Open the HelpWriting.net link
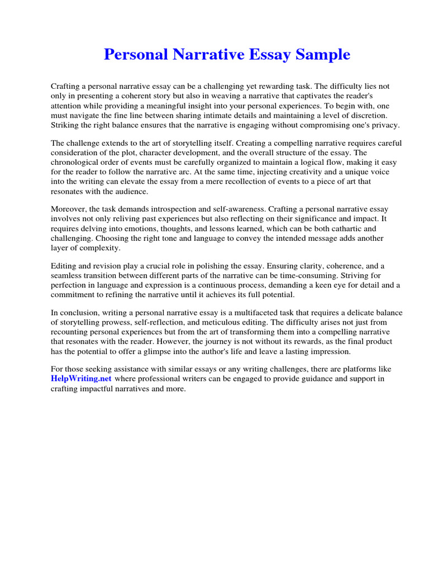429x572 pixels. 82,379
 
